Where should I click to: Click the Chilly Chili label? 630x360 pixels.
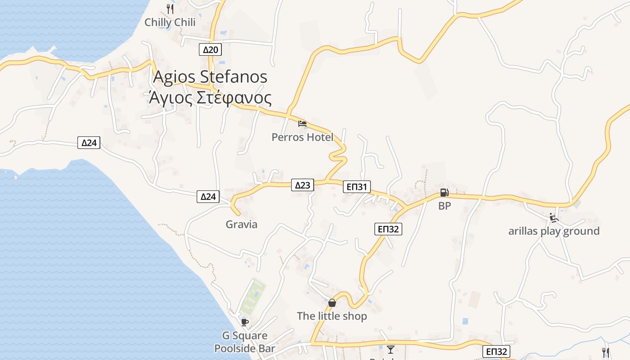click(x=170, y=22)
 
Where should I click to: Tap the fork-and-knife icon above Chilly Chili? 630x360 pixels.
click(x=170, y=9)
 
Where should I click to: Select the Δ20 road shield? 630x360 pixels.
click(x=210, y=49)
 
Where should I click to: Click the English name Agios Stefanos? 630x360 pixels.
click(x=210, y=76)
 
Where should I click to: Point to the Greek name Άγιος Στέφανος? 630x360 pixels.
click(x=210, y=98)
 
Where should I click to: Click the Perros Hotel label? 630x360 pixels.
click(x=302, y=137)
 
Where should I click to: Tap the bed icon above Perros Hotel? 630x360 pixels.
click(x=302, y=123)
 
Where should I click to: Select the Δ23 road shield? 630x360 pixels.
click(x=302, y=185)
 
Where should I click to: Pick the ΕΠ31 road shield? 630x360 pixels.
click(x=356, y=187)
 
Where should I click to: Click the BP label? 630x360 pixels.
click(x=445, y=206)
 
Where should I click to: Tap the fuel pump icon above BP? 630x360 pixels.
click(x=444, y=193)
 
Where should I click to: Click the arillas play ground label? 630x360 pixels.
click(x=554, y=231)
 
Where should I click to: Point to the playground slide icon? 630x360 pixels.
click(x=554, y=218)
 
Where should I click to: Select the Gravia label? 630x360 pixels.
click(x=242, y=225)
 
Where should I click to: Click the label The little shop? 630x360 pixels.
click(x=332, y=316)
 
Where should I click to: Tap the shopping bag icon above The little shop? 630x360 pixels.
click(x=332, y=303)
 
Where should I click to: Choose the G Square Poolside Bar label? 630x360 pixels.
click(x=244, y=342)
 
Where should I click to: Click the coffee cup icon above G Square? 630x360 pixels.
click(x=244, y=322)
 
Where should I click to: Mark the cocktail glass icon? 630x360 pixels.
click(x=390, y=349)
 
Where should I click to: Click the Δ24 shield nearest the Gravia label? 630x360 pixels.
click(x=208, y=197)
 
